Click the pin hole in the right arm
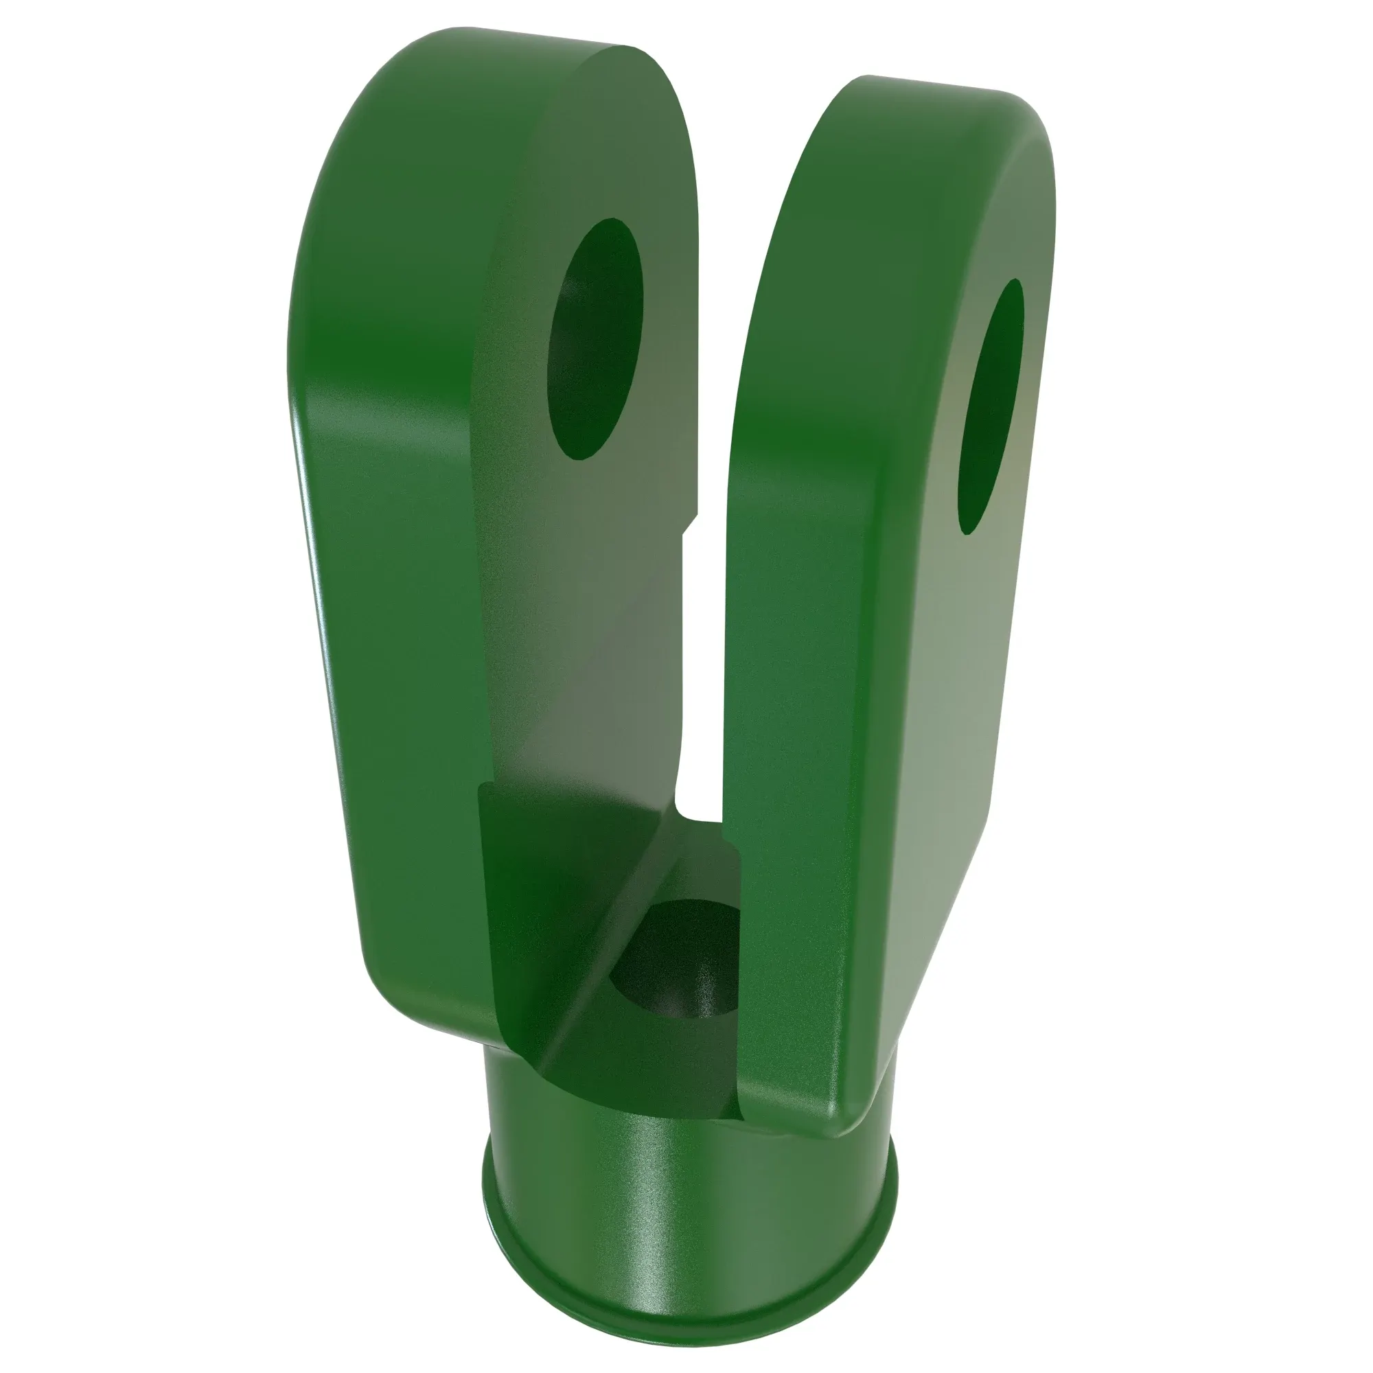pyautogui.click(x=991, y=406)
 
